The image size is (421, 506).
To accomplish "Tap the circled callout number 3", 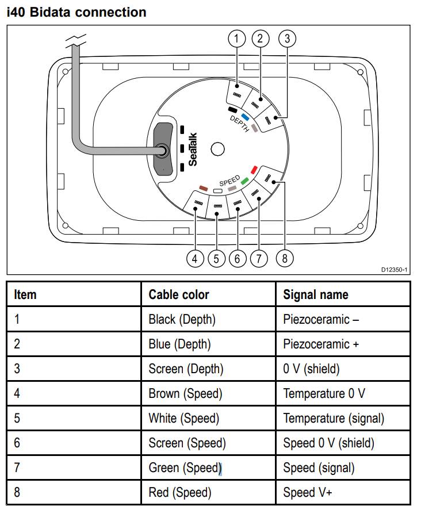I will pyautogui.click(x=287, y=39).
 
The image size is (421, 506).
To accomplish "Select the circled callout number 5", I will pyautogui.click(x=216, y=259).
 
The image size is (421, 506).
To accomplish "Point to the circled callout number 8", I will pyautogui.click(x=284, y=259).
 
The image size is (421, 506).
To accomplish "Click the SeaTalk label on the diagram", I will pyautogui.click(x=193, y=149).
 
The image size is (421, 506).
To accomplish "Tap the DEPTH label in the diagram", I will pyautogui.click(x=239, y=123).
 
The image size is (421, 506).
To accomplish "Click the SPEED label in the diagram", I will pyautogui.click(x=229, y=180).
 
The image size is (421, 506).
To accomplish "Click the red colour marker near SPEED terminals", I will pyautogui.click(x=254, y=170).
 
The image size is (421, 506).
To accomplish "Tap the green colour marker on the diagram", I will pyautogui.click(x=244, y=181).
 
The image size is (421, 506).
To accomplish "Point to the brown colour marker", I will pyautogui.click(x=202, y=188).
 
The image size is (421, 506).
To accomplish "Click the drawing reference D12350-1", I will pyautogui.click(x=394, y=270).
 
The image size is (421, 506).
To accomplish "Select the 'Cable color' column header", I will pyautogui.click(x=179, y=295).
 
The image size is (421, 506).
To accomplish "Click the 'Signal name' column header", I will pyautogui.click(x=316, y=295).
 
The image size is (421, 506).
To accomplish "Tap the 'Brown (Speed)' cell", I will pyautogui.click(x=185, y=393).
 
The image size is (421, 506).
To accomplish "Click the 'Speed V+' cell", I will pyautogui.click(x=308, y=493).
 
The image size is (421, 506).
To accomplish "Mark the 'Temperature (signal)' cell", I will pyautogui.click(x=334, y=418).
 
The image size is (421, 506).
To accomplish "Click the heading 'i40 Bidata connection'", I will pyautogui.click(x=76, y=11).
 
